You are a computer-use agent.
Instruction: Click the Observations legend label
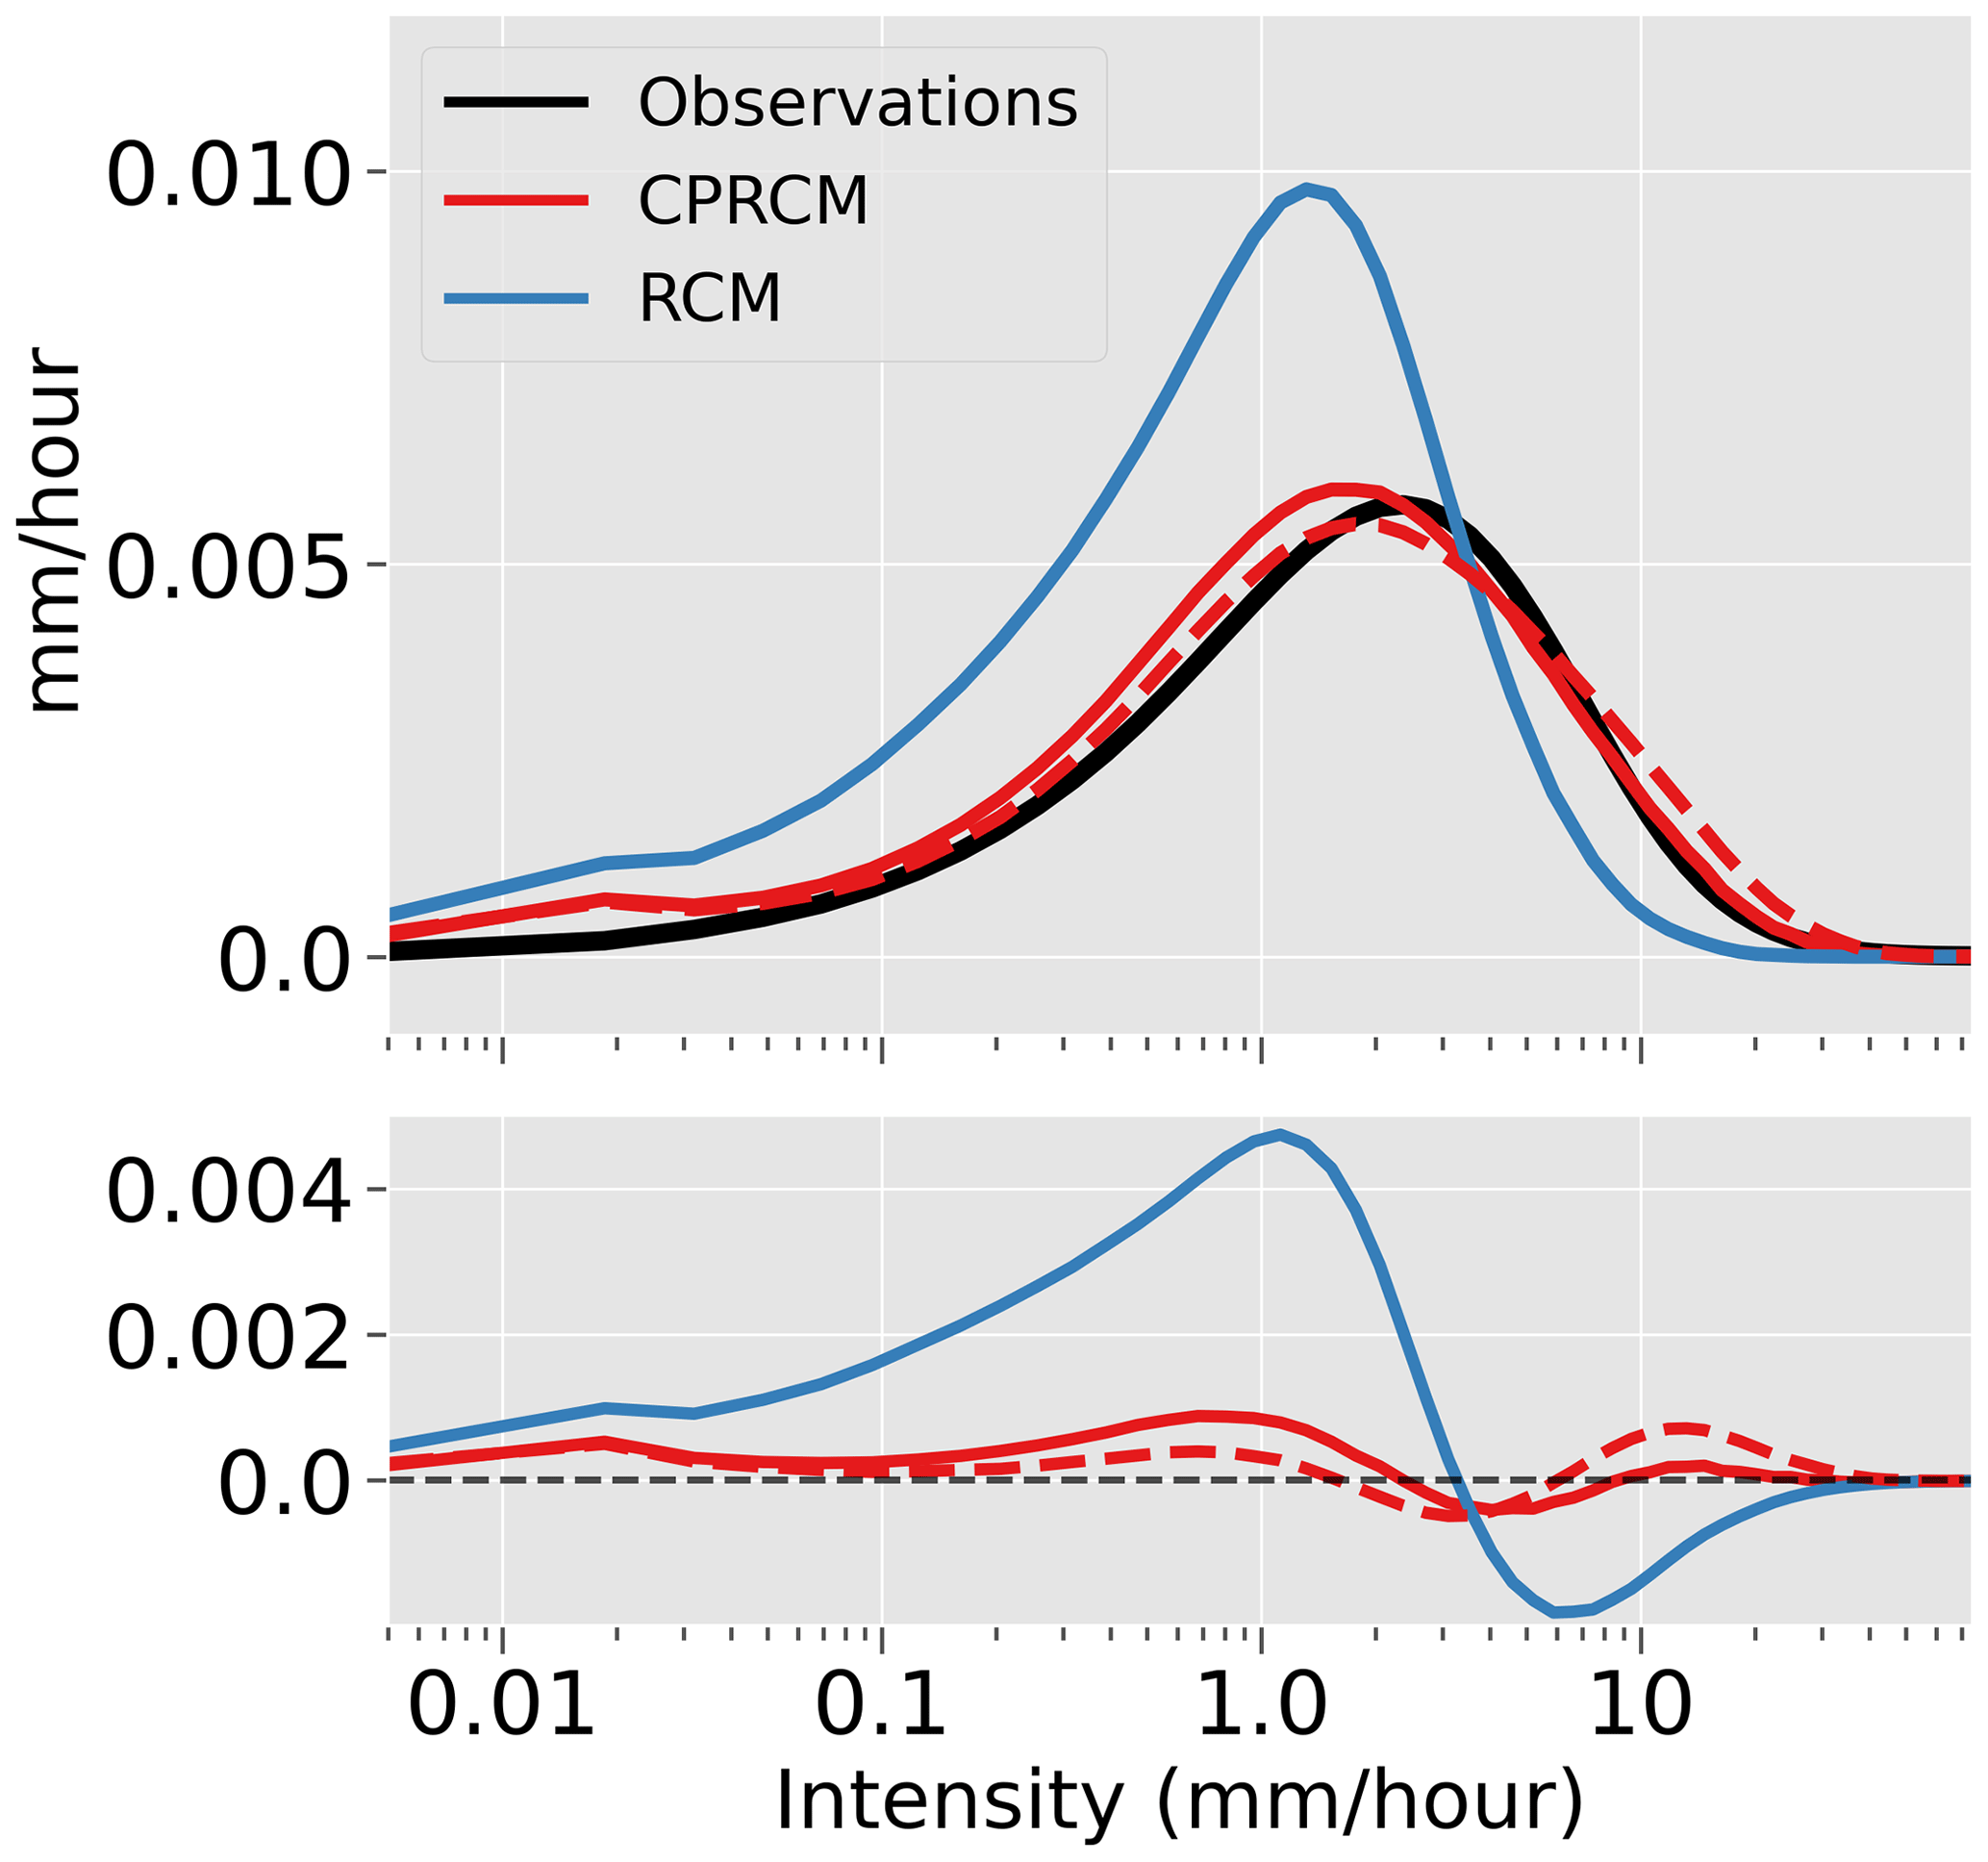857,103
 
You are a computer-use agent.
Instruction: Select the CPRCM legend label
753,200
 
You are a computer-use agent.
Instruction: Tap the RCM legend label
709,297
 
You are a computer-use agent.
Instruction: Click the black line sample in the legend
516,102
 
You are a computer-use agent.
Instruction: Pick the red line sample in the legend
516,200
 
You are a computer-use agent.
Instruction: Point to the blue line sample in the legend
516,298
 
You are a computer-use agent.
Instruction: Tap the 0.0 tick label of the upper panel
284,961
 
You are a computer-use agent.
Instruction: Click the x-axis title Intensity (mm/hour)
1180,1800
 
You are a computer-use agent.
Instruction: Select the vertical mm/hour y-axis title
54,530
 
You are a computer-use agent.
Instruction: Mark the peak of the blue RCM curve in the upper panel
1307,188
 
